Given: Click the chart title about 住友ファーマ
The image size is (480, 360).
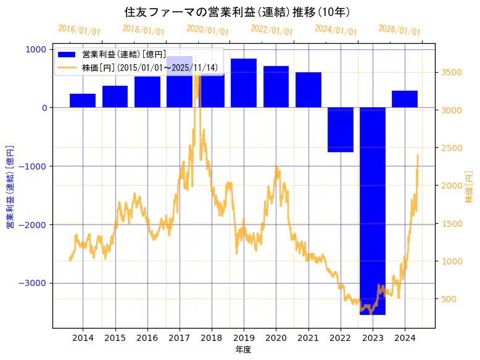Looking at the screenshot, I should [238, 12].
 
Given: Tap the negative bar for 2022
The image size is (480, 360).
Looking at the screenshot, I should [341, 129].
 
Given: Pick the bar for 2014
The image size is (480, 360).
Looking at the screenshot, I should [83, 100].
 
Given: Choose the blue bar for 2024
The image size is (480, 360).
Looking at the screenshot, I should [405, 99].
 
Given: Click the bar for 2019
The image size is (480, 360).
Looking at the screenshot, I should [244, 83].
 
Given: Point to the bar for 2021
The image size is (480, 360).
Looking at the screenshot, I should [308, 90].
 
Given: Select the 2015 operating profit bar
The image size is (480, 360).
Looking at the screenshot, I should [115, 97].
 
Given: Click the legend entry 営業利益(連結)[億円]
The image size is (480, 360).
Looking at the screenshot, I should [124, 54].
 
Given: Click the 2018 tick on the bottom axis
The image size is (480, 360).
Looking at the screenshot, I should [212, 337].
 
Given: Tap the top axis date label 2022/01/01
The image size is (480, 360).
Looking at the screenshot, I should [272, 30].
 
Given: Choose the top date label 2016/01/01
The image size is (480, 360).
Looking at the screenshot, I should [80, 30].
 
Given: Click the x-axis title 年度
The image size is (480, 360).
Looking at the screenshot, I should [244, 350].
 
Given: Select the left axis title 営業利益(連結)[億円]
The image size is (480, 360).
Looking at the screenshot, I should [10, 187].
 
